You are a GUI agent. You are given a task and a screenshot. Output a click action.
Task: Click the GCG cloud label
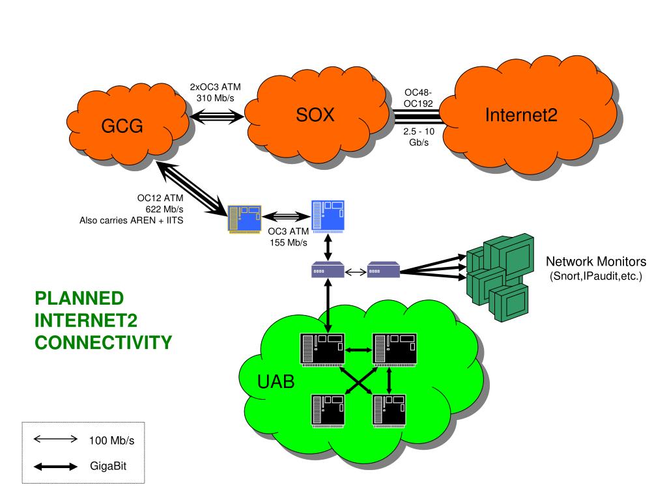tap(121, 126)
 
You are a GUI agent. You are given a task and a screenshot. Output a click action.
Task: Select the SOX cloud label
tap(315, 116)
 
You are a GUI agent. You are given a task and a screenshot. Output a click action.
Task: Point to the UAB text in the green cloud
tap(276, 382)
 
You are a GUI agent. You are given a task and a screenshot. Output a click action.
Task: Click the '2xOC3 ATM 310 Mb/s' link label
tap(215, 92)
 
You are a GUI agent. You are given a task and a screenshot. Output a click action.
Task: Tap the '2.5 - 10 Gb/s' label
tap(418, 137)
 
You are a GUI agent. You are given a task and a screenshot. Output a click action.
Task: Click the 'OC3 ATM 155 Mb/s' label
tap(288, 238)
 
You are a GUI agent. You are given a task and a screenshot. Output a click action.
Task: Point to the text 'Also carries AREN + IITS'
tap(131, 220)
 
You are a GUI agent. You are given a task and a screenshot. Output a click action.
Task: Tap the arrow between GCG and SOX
tap(216, 117)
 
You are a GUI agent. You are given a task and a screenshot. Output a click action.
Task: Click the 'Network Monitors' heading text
tap(596, 262)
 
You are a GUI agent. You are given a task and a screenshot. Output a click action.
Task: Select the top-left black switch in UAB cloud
tap(322, 349)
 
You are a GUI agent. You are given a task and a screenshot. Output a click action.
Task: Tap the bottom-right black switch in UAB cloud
tap(389, 409)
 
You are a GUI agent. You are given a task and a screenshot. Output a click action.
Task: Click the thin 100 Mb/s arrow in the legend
tap(55, 439)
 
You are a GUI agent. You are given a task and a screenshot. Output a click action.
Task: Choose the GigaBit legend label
tap(107, 466)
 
